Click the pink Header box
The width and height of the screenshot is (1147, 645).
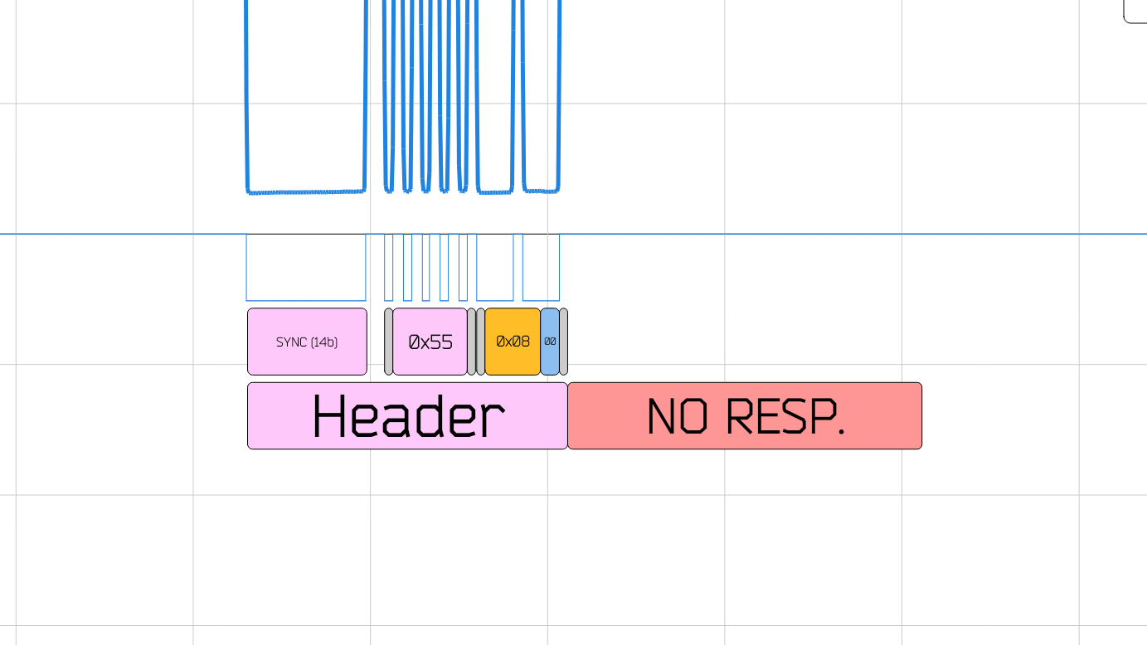[x=407, y=416]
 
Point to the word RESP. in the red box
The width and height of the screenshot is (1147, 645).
[x=785, y=416]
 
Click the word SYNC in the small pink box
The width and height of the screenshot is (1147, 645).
[x=291, y=342]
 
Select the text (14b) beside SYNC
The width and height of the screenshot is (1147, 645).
[x=323, y=342]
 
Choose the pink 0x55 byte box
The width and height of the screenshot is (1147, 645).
[x=430, y=342]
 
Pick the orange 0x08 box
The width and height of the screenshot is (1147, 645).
[x=513, y=342]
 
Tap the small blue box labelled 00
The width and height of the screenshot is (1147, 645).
[x=550, y=342]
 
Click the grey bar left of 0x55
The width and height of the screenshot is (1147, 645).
[x=388, y=342]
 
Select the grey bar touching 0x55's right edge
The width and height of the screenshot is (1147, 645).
[x=472, y=342]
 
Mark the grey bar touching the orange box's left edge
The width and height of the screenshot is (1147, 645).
[x=480, y=342]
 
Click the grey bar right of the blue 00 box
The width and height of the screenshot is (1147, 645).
[x=564, y=342]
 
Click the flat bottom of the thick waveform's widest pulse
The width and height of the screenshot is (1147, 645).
[x=306, y=192]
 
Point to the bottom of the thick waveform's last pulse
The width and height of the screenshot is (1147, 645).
[x=541, y=192]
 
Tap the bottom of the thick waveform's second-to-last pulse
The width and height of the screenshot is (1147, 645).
[x=495, y=192]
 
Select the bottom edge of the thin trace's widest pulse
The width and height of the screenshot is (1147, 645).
[x=306, y=300]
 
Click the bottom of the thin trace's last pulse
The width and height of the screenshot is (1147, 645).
[x=541, y=300]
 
